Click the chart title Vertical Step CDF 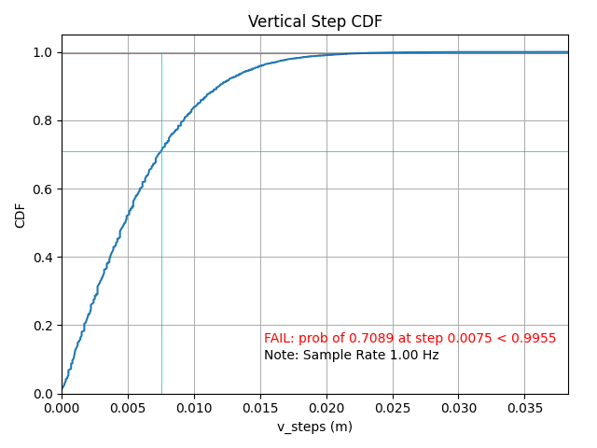[x=314, y=21]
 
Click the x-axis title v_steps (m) [x=314, y=427]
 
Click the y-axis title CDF [x=21, y=215]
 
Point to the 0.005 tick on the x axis [x=128, y=408]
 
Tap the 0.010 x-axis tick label [x=194, y=408]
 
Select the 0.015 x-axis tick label [x=260, y=408]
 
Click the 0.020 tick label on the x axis [x=326, y=408]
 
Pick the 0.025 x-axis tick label [x=393, y=408]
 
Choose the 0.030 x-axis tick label [x=459, y=408]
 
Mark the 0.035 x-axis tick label [x=525, y=408]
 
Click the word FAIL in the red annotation [x=278, y=338]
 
